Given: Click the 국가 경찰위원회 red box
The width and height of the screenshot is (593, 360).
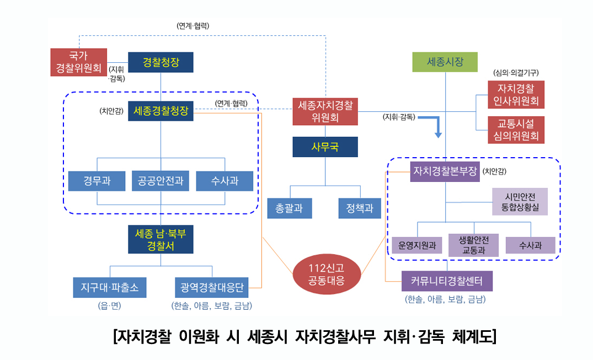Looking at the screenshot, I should (x=78, y=62).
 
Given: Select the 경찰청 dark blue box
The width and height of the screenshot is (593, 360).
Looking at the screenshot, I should (x=161, y=62).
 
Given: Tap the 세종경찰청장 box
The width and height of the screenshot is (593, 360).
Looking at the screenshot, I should (x=161, y=111).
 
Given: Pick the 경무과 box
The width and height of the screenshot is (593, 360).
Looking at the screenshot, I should (x=97, y=181).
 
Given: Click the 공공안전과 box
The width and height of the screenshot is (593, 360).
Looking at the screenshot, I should (x=161, y=181).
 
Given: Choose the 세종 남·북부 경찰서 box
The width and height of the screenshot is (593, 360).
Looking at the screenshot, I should (x=161, y=239).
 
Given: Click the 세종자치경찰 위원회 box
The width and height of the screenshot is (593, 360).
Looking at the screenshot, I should (x=325, y=111).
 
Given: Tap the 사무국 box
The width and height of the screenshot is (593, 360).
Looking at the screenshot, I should (x=325, y=147).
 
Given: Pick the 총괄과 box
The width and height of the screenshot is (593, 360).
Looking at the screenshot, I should (x=289, y=208).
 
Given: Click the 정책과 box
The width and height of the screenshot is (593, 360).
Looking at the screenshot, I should (x=360, y=208).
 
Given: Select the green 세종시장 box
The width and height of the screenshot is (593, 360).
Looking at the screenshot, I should (x=445, y=62).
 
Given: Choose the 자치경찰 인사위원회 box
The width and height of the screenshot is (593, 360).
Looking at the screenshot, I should (x=516, y=95).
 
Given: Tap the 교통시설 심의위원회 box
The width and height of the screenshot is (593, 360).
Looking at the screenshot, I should (x=516, y=130).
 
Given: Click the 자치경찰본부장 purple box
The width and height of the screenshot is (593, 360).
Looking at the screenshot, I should (x=445, y=171).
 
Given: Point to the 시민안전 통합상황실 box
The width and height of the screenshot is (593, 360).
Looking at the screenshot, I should (x=520, y=201).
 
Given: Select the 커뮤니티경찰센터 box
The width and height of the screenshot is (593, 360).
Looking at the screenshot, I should (x=447, y=281).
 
